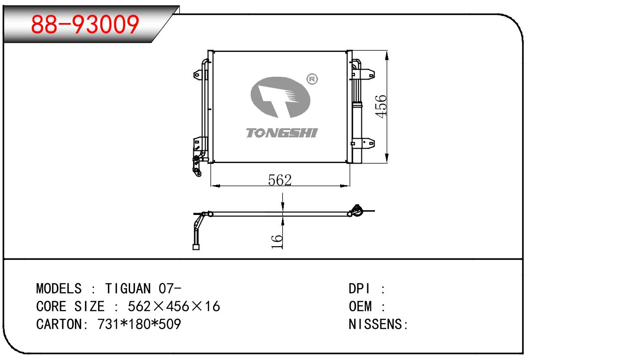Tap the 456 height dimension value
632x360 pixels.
point(382,106)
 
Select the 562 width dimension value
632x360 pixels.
point(280,180)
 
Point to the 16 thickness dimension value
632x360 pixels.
point(278,241)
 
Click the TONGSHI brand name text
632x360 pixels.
point(282,133)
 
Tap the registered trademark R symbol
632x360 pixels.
point(312,79)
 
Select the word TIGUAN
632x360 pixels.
point(129,288)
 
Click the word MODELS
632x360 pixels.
point(59,288)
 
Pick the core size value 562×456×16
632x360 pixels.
point(174,306)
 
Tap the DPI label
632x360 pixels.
point(360,288)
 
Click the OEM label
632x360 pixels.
point(360,306)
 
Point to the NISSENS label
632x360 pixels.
point(375,324)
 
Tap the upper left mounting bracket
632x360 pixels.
point(199,74)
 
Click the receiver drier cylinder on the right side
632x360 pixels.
point(357,131)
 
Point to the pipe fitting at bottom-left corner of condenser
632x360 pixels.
point(197,166)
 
